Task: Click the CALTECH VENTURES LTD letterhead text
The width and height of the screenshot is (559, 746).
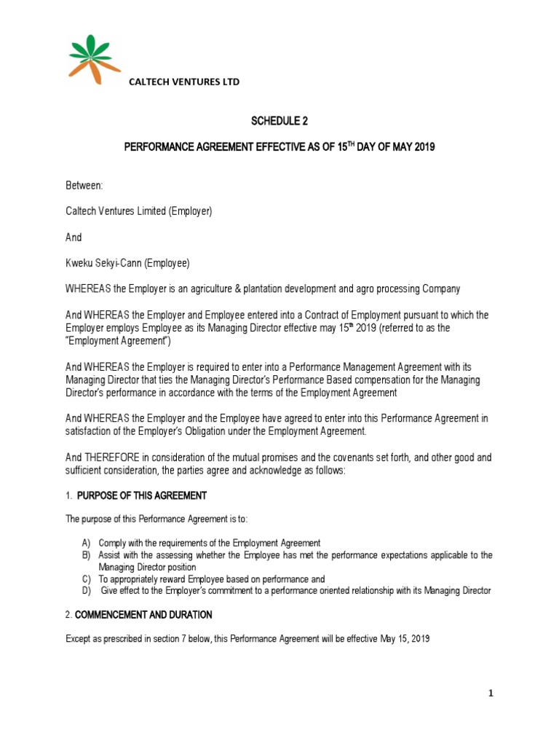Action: tap(184, 82)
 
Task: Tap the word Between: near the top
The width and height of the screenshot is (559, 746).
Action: tap(85, 187)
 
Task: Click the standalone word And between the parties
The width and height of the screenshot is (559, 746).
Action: tap(74, 237)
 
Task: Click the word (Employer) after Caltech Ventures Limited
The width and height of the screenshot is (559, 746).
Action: tap(186, 212)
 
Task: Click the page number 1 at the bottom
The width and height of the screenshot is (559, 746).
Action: tap(491, 693)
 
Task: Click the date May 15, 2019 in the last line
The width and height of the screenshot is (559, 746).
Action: tap(405, 639)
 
